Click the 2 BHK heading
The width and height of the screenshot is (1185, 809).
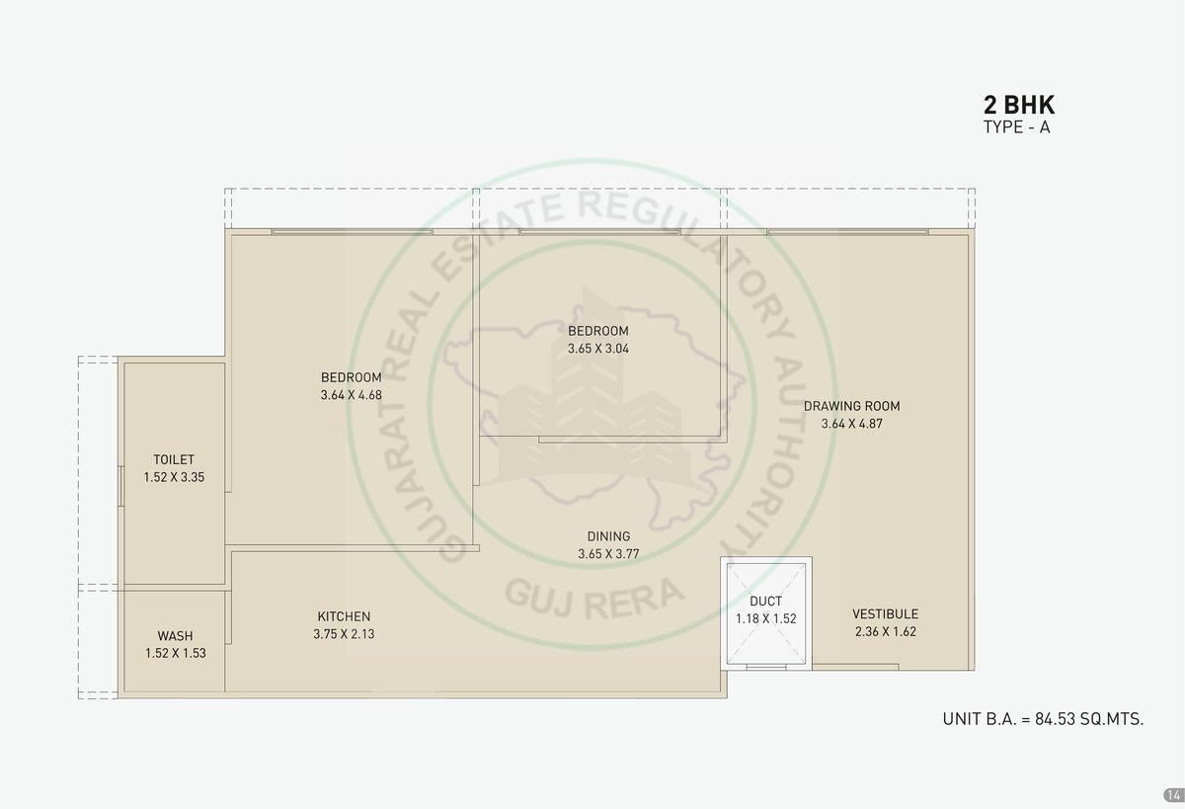pyautogui.click(x=1019, y=105)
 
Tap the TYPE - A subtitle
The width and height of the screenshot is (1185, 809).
pyautogui.click(x=1017, y=127)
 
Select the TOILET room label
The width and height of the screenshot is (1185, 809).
pyautogui.click(x=174, y=459)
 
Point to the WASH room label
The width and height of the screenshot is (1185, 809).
pyautogui.click(x=175, y=635)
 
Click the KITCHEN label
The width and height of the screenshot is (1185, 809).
pyautogui.click(x=344, y=616)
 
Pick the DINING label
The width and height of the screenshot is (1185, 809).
pyautogui.click(x=608, y=536)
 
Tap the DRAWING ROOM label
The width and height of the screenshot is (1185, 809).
pyautogui.click(x=851, y=406)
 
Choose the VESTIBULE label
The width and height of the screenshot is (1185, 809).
pyautogui.click(x=885, y=613)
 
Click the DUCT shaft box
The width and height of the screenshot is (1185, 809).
pyautogui.click(x=766, y=613)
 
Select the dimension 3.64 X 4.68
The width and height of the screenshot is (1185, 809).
pyautogui.click(x=352, y=395)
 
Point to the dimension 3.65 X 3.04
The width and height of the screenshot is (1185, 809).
pyautogui.click(x=598, y=348)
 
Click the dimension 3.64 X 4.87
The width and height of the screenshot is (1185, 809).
pyautogui.click(x=851, y=424)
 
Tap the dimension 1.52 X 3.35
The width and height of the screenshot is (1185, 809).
pyautogui.click(x=174, y=477)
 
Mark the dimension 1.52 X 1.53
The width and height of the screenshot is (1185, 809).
pyautogui.click(x=176, y=653)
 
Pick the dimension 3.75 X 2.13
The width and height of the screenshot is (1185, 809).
pyautogui.click(x=344, y=634)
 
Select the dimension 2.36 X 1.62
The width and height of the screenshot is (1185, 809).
pyautogui.click(x=886, y=631)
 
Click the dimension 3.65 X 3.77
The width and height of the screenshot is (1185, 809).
pyautogui.click(x=608, y=553)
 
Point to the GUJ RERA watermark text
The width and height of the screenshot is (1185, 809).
pyautogui.click(x=594, y=598)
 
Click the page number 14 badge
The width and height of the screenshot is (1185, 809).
pyautogui.click(x=1173, y=795)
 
